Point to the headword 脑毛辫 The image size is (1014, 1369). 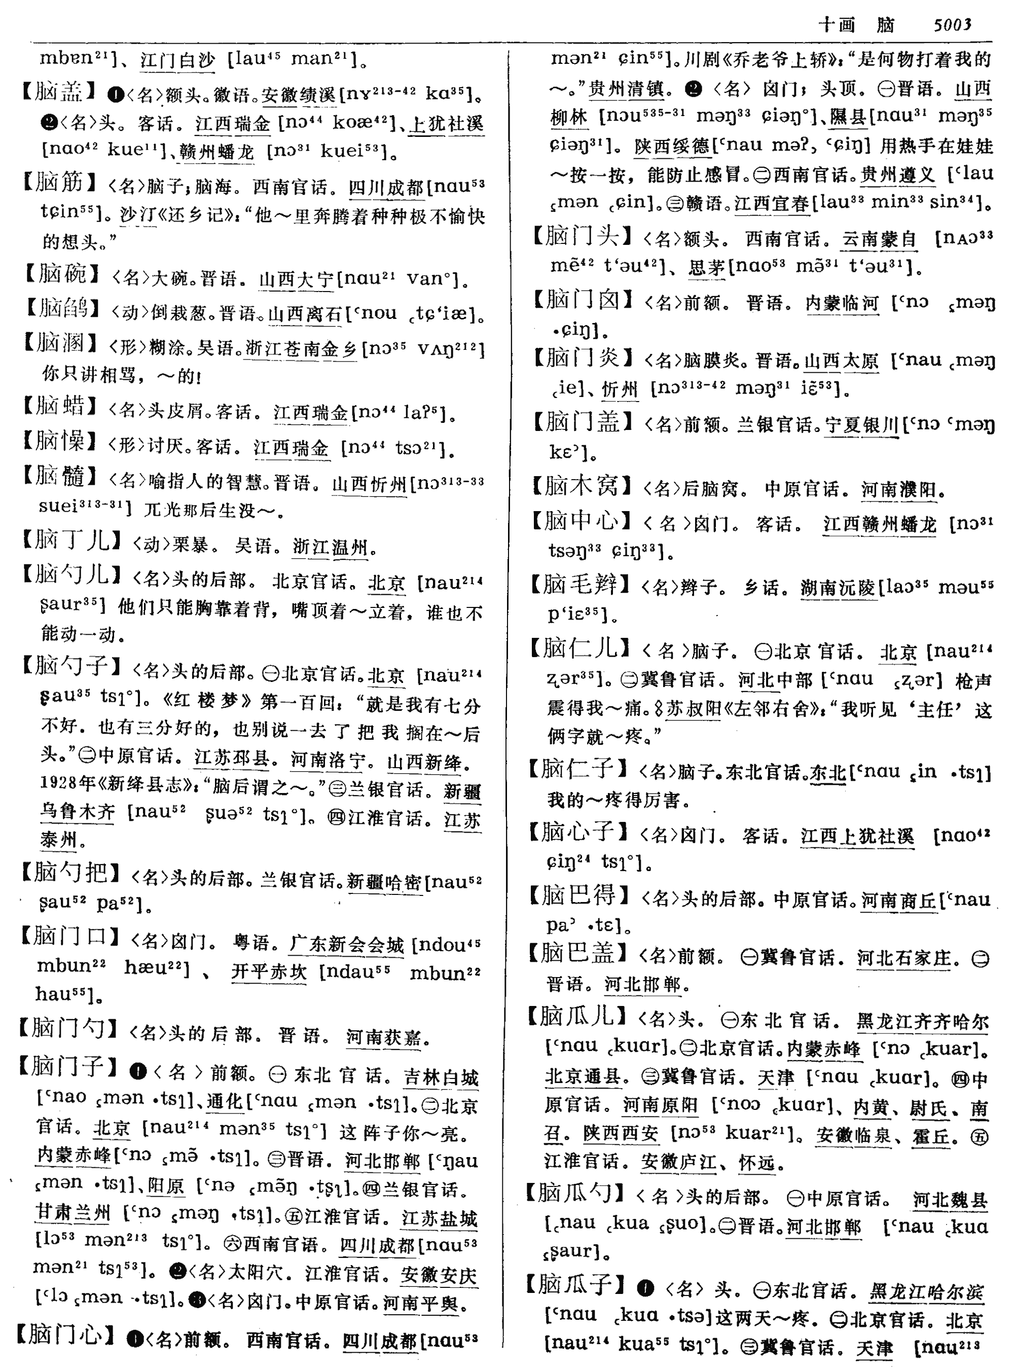click(x=580, y=585)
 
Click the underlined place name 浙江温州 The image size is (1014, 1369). click(x=330, y=546)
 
